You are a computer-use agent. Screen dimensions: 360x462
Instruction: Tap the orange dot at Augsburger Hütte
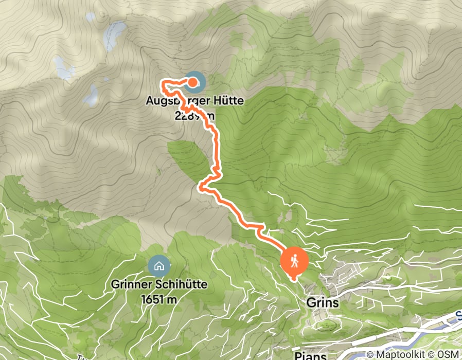coord(192,82)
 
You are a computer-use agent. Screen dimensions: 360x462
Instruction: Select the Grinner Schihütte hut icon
coord(158,266)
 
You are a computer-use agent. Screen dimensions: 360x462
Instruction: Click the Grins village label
coord(323,302)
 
